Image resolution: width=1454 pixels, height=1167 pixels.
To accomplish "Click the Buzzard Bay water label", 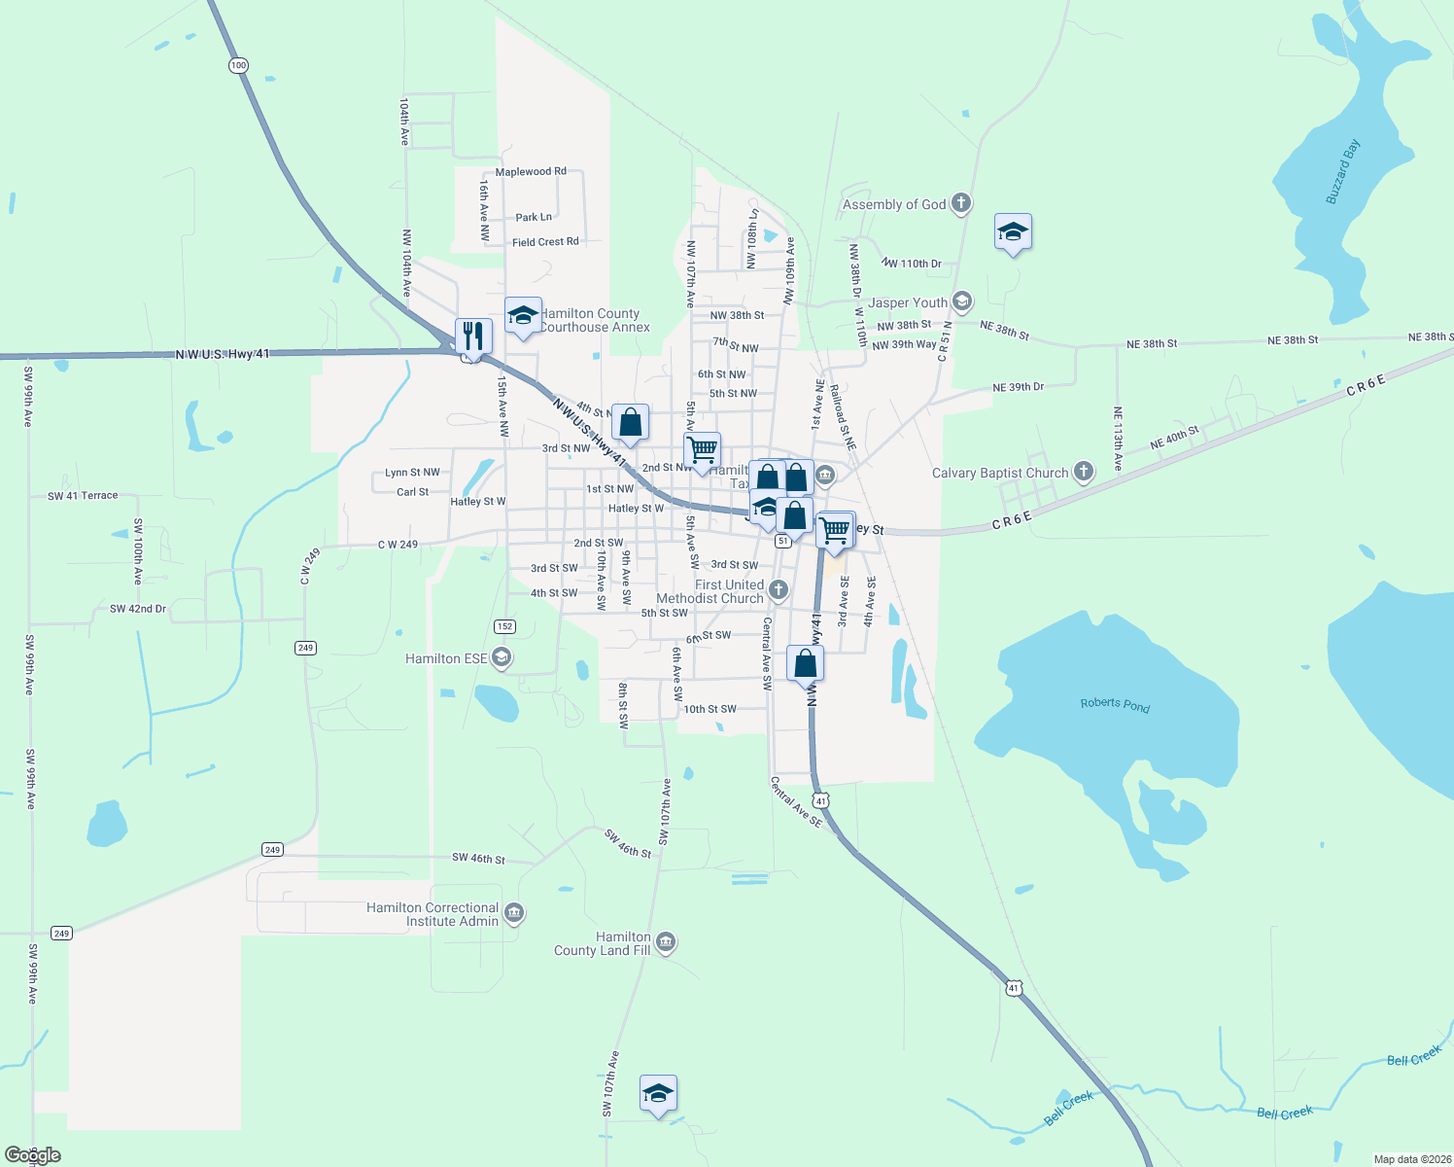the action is (x=1343, y=172).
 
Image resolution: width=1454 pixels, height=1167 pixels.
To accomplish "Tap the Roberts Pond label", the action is (x=1115, y=704).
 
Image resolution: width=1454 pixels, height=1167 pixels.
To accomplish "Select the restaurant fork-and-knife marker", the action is (x=473, y=336).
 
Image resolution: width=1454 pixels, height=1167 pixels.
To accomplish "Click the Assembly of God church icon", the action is (x=961, y=203).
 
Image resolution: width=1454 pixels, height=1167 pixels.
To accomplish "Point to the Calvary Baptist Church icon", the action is (x=1084, y=473).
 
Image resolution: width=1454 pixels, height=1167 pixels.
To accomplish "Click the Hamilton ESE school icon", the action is (x=502, y=658).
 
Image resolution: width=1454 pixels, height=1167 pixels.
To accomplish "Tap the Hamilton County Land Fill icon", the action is (x=666, y=941).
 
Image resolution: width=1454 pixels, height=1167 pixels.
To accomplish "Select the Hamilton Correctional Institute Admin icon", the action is (x=514, y=913).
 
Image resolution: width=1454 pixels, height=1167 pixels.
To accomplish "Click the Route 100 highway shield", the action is (x=238, y=65).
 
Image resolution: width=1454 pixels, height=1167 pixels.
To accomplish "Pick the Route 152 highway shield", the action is (x=504, y=626).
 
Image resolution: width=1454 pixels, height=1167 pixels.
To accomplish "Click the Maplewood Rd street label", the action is (x=531, y=172).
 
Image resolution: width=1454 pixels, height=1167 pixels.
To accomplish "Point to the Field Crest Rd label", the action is (x=545, y=242).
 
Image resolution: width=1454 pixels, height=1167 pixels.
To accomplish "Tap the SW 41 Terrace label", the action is (x=83, y=496).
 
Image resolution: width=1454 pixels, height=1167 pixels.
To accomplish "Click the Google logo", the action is (x=33, y=1155).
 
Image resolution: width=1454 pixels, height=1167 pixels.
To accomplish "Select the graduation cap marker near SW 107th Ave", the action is (x=658, y=1093).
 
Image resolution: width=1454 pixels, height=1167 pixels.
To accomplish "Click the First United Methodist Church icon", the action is (x=779, y=589).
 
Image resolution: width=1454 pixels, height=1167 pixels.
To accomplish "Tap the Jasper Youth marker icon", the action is (x=962, y=301).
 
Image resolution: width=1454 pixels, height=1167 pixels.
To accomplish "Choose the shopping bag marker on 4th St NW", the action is (x=630, y=423).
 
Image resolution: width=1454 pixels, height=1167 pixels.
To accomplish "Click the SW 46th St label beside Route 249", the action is (x=478, y=859).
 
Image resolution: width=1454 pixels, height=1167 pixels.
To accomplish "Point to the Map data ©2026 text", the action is (x=1411, y=1159).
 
